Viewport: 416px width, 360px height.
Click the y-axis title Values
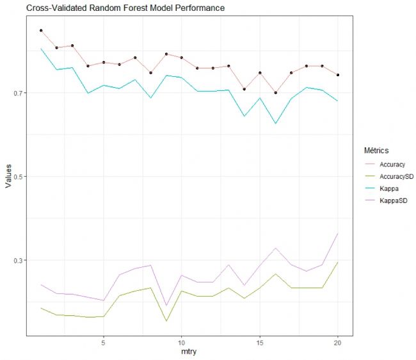pos(8,176)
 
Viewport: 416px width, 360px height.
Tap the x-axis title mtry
pos(189,352)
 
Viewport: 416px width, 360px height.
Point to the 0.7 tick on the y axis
pos(17,93)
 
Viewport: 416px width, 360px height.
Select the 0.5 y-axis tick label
pos(17,177)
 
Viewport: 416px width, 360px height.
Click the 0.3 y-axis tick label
pos(17,261)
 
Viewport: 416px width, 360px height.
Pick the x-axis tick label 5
pos(103,342)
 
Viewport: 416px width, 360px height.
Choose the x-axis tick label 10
pos(181,342)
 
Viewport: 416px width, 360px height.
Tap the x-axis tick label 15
pos(260,342)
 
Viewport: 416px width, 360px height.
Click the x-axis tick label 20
pos(338,342)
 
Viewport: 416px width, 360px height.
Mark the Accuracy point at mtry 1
pos(41,30)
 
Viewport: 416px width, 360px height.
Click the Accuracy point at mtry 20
pos(338,75)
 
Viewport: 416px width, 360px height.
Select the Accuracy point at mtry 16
pos(275,93)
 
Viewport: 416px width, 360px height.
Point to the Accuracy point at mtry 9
pos(166,54)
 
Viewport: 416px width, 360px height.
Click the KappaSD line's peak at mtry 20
pos(338,234)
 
